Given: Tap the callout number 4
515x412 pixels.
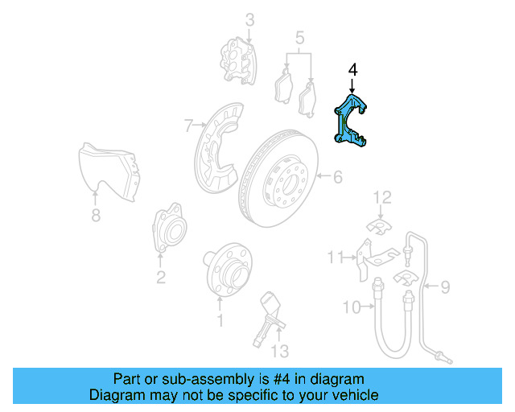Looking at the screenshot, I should coord(352,71).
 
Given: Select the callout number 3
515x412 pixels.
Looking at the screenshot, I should coord(249,19).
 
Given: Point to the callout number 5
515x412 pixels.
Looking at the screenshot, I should coord(299,38).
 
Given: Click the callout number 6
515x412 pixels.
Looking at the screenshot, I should coord(338,176).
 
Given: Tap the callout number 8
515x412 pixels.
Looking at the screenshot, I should coord(96,215).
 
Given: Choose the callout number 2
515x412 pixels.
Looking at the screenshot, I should coord(161,278).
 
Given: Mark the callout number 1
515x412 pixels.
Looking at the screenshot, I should coord(219,321).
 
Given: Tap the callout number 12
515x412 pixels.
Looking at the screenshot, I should coord(381,196).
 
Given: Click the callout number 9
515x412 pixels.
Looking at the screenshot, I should coord(444,285).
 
